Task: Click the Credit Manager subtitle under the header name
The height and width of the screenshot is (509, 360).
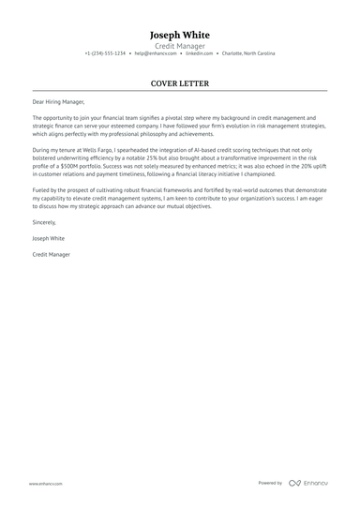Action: pyautogui.click(x=180, y=44)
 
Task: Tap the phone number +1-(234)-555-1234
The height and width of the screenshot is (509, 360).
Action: pyautogui.click(x=105, y=53)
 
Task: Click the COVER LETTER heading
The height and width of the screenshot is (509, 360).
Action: pyautogui.click(x=180, y=82)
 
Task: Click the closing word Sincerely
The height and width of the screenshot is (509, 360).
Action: pyautogui.click(x=44, y=223)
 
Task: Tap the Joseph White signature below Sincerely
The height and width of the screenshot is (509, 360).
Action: pyautogui.click(x=48, y=238)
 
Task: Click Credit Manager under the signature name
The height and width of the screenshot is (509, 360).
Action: pyautogui.click(x=52, y=254)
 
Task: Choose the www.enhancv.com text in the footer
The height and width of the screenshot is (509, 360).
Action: pyautogui.click(x=45, y=483)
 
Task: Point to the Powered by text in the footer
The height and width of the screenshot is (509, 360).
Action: pyautogui.click(x=270, y=483)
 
